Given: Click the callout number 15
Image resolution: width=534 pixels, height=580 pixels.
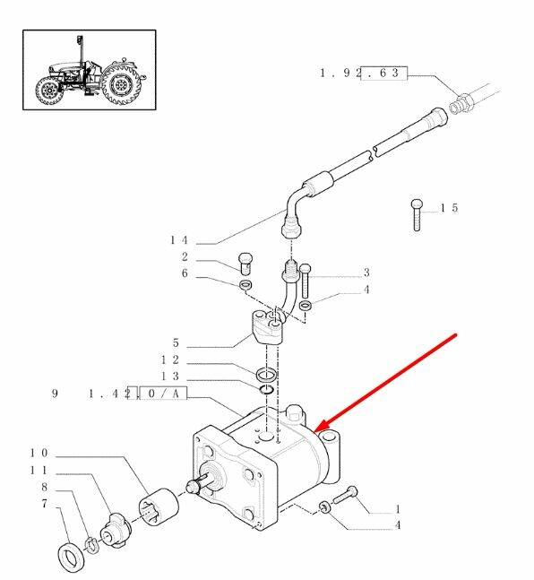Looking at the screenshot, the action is pos(449,208).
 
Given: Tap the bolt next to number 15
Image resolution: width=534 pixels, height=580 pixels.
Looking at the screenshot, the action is pos(417,215).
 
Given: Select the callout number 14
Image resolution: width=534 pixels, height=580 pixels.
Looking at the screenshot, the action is pos(179,240).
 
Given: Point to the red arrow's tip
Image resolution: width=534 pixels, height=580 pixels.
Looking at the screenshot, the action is pos(314,432).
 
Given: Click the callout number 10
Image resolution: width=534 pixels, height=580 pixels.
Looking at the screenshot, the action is pos(39,453).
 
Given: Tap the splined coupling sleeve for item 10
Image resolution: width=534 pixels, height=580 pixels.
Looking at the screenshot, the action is pos(159,506).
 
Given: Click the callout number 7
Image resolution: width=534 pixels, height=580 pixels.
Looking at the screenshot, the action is pos(45,504).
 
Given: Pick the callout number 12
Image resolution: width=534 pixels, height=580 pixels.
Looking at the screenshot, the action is pos(170,359).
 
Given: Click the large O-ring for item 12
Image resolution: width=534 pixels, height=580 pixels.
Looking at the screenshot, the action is pos(267,374).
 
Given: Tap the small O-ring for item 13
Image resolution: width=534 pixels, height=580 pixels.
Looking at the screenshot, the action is pos(266,389).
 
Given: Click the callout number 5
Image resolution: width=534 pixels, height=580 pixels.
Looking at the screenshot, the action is pos(176,343).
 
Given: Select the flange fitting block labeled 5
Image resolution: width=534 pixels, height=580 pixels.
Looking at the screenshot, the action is pos(268,328).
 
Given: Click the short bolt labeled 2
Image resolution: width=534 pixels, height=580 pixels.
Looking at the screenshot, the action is pos(245,264).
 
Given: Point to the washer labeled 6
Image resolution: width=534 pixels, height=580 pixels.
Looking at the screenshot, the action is pos(245,285).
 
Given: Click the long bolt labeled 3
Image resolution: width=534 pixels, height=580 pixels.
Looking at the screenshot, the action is pos(306,281).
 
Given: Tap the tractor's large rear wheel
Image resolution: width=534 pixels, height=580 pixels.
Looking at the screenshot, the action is pos(121,84).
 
